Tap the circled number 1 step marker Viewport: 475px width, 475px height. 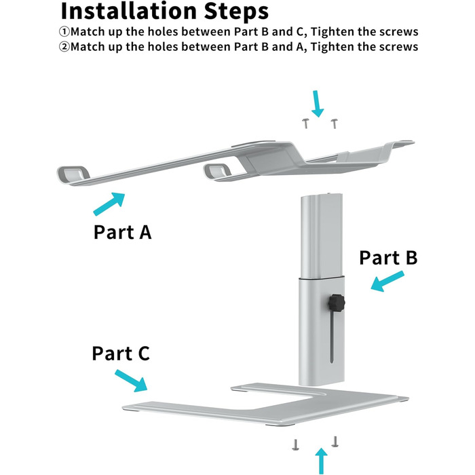65,32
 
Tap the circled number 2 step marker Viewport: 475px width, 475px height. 65,47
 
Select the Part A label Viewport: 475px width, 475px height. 122,232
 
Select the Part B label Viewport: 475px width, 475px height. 388,258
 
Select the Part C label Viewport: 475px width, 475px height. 121,354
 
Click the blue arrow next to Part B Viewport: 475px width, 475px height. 387,282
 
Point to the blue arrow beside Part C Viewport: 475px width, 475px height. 131,380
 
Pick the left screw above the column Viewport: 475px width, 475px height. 306,123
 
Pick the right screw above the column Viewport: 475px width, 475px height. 333,122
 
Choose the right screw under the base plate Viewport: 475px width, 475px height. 335,440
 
